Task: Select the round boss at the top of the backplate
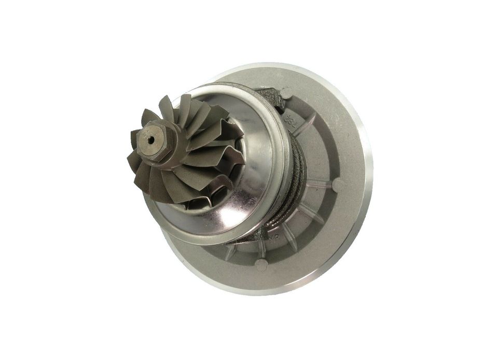284,94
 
